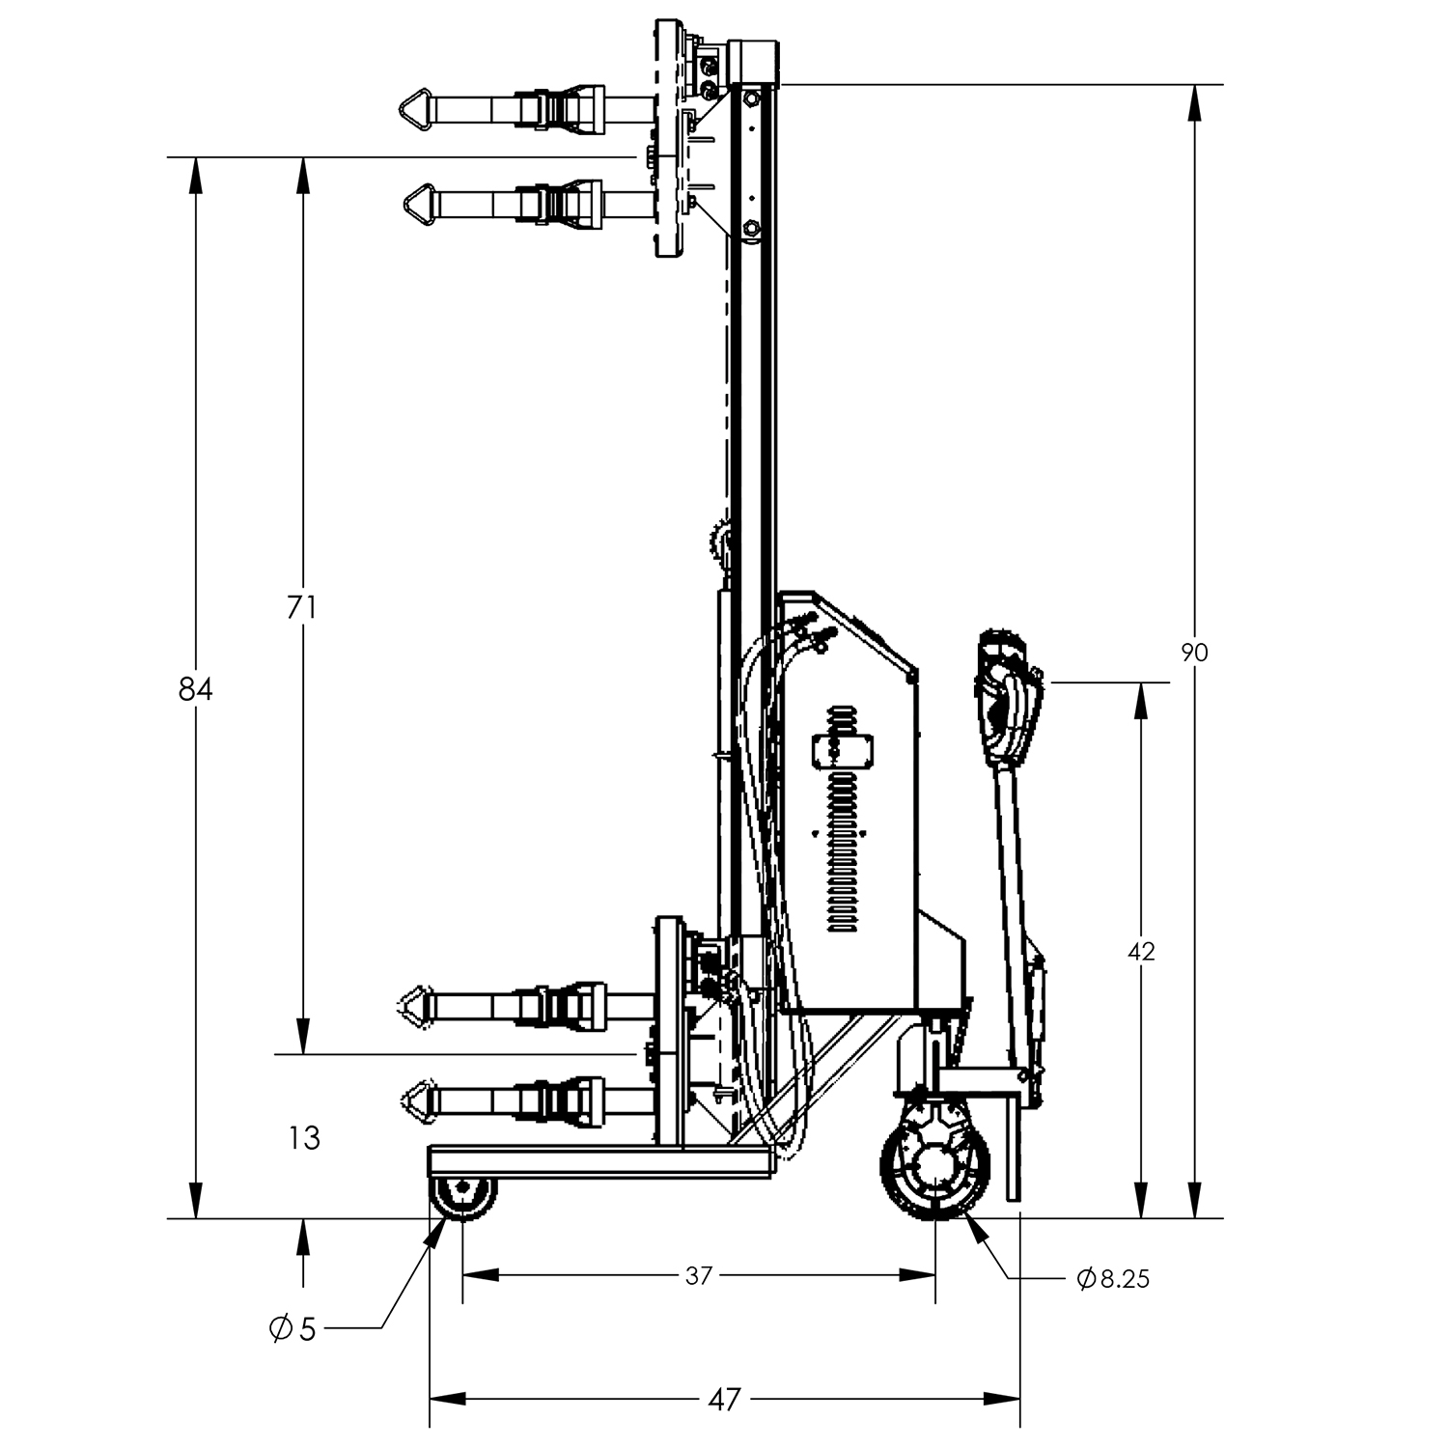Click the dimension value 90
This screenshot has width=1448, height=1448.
(1194, 653)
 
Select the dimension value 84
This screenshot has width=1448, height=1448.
(195, 689)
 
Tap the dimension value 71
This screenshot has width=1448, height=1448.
(302, 607)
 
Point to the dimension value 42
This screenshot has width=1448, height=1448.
(1141, 952)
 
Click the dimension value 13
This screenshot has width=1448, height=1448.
(304, 1138)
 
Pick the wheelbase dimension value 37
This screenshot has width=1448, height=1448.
(698, 1275)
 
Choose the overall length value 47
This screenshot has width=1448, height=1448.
(725, 1398)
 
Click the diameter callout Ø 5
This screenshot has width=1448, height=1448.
(292, 1329)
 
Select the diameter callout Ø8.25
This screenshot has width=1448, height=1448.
(1113, 1279)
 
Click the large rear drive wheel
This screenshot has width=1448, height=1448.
(935, 1166)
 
